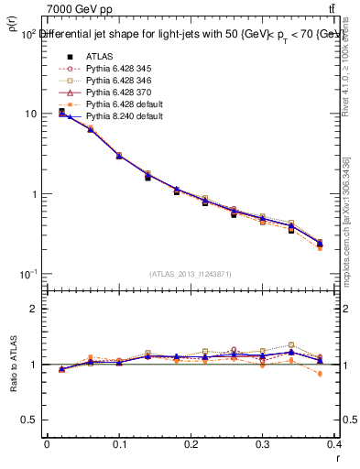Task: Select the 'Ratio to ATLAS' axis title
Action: point(12,364)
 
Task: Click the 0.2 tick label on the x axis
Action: point(191,443)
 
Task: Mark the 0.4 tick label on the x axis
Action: point(334,443)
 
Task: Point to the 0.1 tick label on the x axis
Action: point(119,443)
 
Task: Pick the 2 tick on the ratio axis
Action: point(35,309)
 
